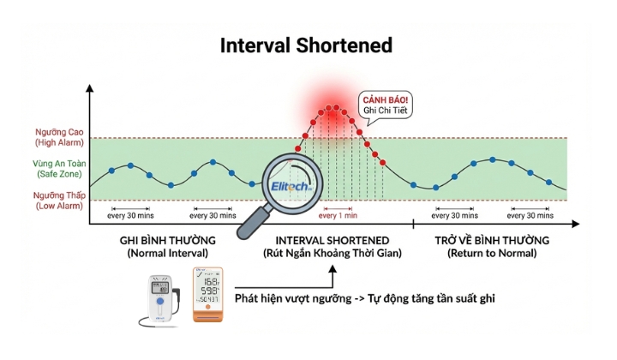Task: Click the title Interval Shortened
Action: point(306,45)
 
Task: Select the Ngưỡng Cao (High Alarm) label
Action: point(59,138)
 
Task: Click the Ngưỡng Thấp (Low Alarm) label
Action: point(59,200)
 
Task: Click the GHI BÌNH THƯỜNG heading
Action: point(167,240)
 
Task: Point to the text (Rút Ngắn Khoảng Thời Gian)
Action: point(332,254)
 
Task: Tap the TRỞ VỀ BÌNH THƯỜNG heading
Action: point(491,240)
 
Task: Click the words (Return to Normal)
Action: point(491,254)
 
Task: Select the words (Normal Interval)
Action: point(167,254)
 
